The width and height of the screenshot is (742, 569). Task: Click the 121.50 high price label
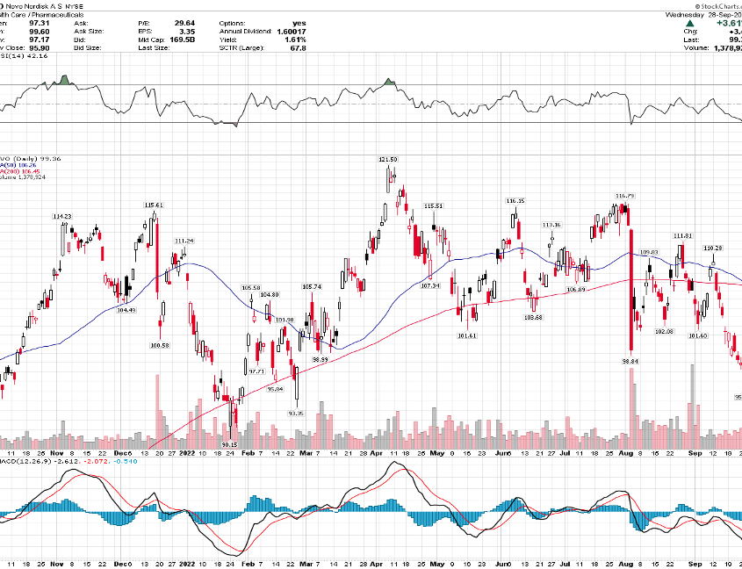[388, 159]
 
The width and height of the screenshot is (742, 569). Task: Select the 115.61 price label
[154, 205]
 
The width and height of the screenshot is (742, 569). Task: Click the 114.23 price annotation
[61, 216]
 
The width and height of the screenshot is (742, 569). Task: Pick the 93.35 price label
[295, 413]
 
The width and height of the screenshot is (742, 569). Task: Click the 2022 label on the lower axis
[186, 453]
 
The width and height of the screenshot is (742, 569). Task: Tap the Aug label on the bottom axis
[626, 453]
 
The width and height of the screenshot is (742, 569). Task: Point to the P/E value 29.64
[174, 23]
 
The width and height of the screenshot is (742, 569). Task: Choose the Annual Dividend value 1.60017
[289, 31]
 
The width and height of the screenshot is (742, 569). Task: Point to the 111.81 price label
[683, 235]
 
